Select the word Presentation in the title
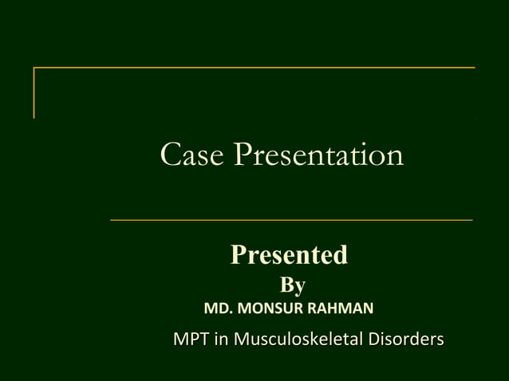point(318,155)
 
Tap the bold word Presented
point(289,255)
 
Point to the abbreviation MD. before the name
point(219,308)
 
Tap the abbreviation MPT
point(189,340)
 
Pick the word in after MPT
point(219,340)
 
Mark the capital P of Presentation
point(243,155)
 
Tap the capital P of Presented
point(239,255)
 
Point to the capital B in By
point(286,285)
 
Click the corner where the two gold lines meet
point(34,68)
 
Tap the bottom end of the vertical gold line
point(34,117)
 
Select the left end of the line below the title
point(111,219)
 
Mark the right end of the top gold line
point(474,68)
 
